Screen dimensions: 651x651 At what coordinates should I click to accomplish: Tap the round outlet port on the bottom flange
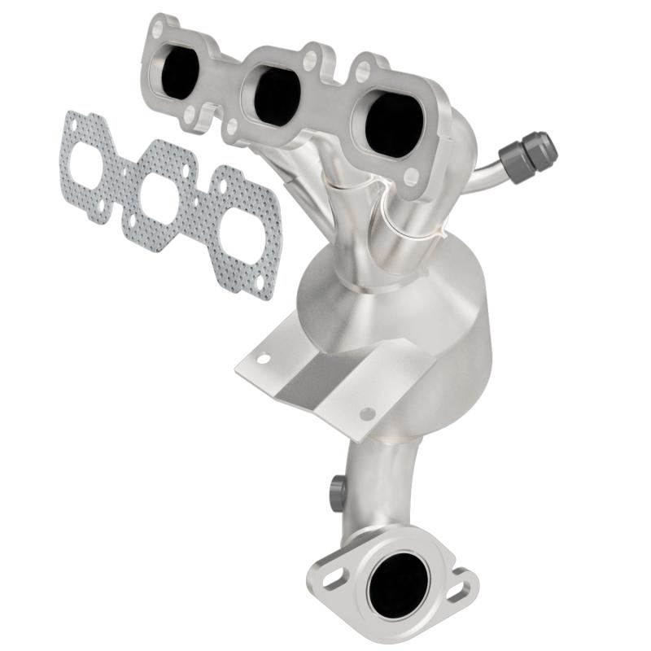click(x=398, y=581)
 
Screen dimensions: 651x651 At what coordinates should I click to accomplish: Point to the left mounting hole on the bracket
click(x=264, y=356)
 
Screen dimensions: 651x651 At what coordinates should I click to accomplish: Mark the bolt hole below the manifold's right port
click(x=410, y=174)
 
